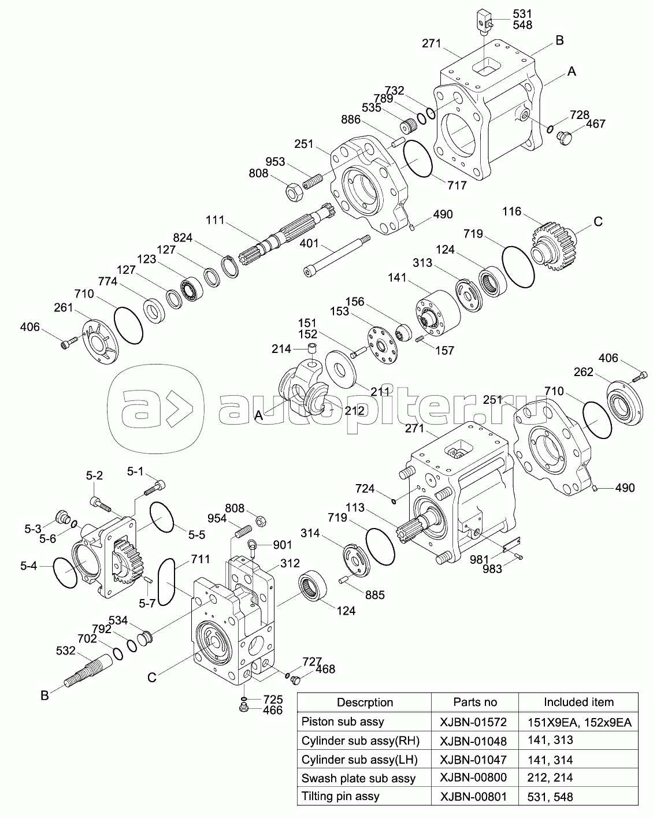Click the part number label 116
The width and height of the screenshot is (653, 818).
512,211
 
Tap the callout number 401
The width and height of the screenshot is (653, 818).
309,244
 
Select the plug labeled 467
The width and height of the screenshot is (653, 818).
564,137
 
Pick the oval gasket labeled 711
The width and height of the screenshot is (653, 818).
165,582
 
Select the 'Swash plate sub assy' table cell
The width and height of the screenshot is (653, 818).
358,778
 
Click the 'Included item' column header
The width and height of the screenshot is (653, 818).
578,702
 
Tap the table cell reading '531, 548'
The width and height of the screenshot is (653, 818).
550,797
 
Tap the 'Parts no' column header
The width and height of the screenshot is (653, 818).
474,702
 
